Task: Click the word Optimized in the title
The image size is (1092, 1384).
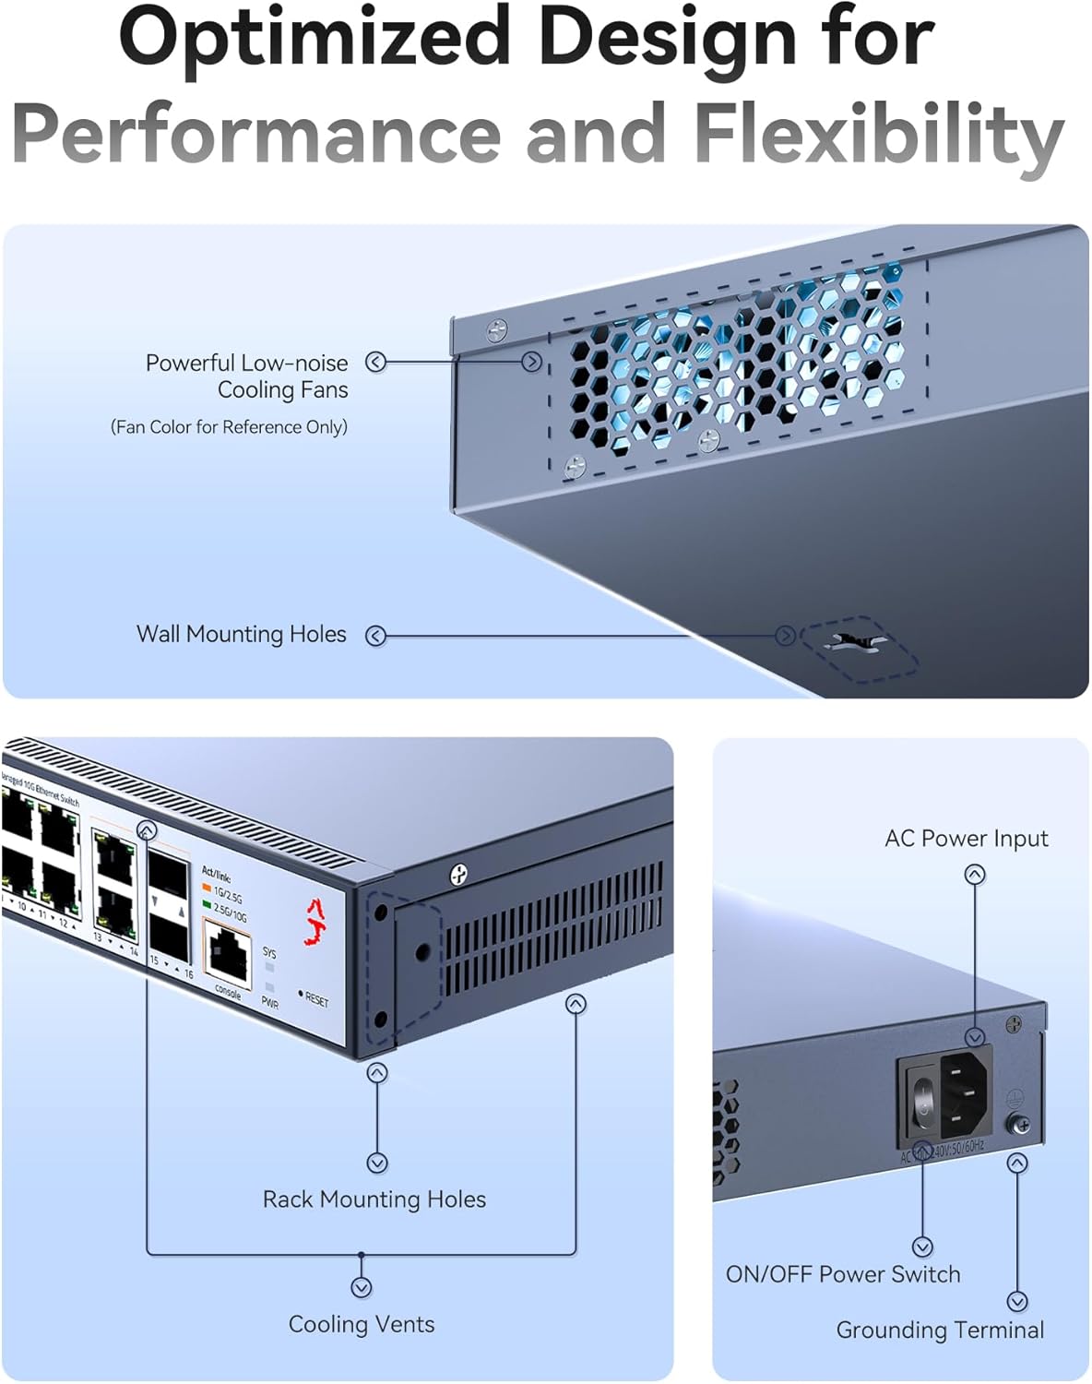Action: [314, 39]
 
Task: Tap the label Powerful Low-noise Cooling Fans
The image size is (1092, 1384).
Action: [246, 376]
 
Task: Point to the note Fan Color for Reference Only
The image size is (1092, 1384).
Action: [229, 427]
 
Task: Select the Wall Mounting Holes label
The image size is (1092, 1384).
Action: [241, 635]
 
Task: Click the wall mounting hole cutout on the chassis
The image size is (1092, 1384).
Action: [858, 642]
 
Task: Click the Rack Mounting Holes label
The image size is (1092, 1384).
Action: [374, 1199]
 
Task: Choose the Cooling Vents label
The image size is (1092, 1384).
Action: [361, 1325]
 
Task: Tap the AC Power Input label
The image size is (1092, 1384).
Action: [966, 839]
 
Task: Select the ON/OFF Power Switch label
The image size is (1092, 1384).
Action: [842, 1275]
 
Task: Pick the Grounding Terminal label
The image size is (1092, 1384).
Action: [939, 1330]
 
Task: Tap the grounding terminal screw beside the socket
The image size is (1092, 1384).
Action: [1020, 1124]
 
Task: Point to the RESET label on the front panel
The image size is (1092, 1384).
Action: [315, 1000]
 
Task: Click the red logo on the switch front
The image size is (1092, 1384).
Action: [317, 923]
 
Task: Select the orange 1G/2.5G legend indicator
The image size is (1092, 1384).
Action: [208, 888]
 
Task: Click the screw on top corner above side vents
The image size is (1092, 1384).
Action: [457, 874]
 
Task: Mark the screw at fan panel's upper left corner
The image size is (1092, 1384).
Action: [497, 328]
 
